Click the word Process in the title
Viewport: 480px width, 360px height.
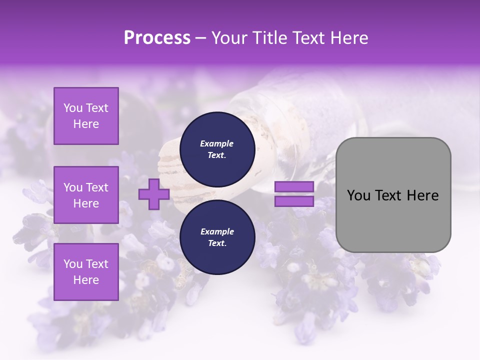coord(157,38)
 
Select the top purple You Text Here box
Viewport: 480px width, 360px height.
coord(86,116)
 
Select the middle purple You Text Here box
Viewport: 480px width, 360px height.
coord(86,195)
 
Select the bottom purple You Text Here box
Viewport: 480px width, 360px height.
coord(86,272)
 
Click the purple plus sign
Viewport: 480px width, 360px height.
coord(154,194)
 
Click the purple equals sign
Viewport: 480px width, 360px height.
coord(294,194)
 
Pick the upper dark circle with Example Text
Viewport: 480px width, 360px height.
coord(217,149)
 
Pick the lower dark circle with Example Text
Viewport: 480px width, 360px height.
coord(217,237)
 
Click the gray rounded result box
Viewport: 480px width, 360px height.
coord(393,194)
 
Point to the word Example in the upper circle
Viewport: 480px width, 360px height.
coord(217,143)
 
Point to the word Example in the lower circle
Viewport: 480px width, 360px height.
coord(217,231)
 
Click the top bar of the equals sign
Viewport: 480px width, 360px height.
coord(294,187)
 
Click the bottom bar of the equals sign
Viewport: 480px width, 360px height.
coord(294,201)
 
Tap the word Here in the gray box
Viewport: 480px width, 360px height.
coord(423,195)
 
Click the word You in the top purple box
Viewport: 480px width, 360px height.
coord(73,108)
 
